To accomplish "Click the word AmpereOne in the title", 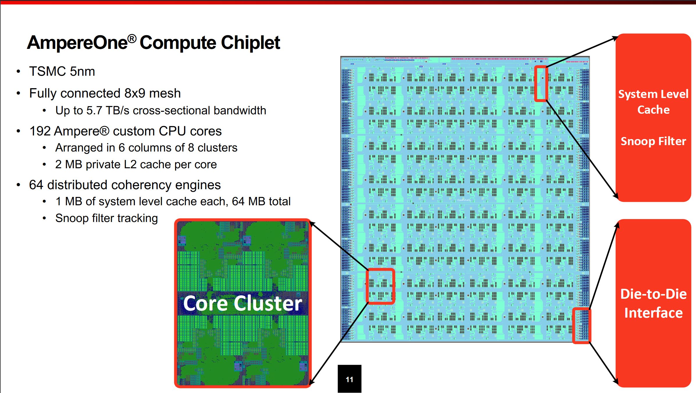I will (77, 43).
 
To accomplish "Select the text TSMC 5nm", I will (62, 72).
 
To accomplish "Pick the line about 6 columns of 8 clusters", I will (146, 148).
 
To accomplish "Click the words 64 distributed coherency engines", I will (125, 185).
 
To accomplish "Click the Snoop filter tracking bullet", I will (106, 218).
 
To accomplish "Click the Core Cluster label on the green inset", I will (242, 303).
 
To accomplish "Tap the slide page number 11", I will (349, 379).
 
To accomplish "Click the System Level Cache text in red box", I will (653, 102).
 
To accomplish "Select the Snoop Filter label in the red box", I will (653, 141).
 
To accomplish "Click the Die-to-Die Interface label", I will (653, 303).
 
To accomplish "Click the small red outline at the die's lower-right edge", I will (581, 326).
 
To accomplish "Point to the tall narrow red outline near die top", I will (541, 84).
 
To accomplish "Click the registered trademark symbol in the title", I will (132, 38).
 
